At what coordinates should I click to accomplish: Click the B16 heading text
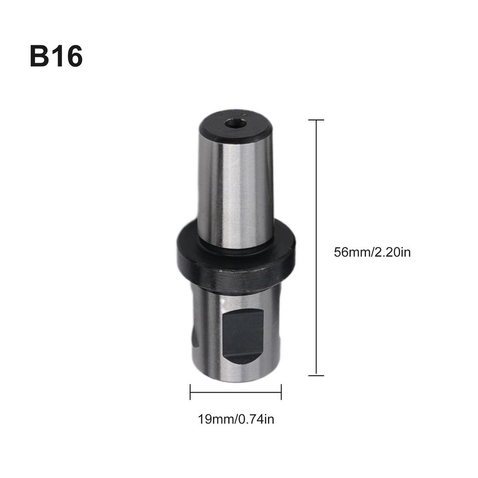(x=56, y=56)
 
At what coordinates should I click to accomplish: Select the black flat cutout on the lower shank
(x=243, y=337)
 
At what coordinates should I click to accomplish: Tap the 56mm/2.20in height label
(x=372, y=253)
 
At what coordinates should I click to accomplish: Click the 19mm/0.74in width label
(x=236, y=419)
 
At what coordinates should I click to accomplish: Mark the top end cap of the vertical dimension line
(x=316, y=120)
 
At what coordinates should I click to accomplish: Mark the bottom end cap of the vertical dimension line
(x=316, y=375)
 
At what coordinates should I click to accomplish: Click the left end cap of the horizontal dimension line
(x=190, y=392)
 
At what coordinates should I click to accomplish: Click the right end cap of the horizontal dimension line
(x=281, y=392)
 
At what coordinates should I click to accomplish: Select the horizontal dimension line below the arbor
(x=236, y=392)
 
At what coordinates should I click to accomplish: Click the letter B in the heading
(x=39, y=56)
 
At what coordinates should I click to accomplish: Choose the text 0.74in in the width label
(x=256, y=419)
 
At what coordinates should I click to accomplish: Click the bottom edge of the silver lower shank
(x=236, y=380)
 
